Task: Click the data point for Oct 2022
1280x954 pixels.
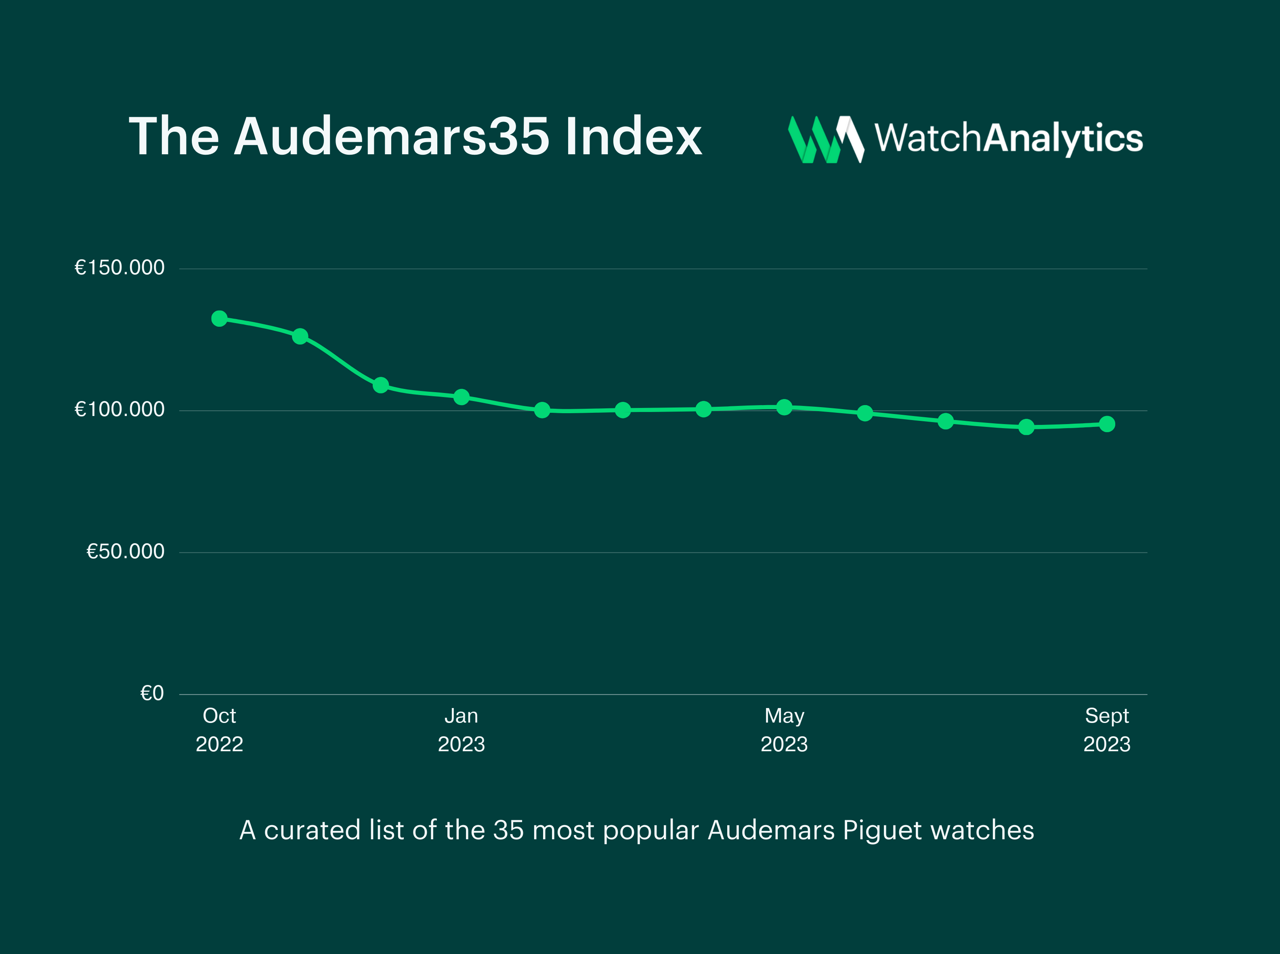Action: pyautogui.click(x=219, y=318)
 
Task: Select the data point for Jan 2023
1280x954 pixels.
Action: pyautogui.click(x=461, y=397)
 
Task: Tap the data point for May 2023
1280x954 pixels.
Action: pyautogui.click(x=784, y=407)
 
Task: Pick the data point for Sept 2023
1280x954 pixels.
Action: pyautogui.click(x=1107, y=424)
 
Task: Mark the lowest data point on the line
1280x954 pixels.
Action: pyautogui.click(x=1026, y=427)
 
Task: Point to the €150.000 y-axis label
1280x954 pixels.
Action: pyautogui.click(x=120, y=267)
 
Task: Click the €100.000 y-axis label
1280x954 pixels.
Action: pyautogui.click(x=120, y=410)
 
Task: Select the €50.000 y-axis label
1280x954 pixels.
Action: pyautogui.click(x=125, y=551)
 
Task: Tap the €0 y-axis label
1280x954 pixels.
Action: pyautogui.click(x=152, y=693)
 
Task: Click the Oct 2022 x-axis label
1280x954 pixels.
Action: pyautogui.click(x=219, y=729)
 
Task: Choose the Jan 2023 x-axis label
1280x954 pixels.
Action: pyautogui.click(x=461, y=729)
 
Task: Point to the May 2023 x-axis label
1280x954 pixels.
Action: pyautogui.click(x=784, y=729)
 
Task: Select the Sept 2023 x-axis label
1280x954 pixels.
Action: pyautogui.click(x=1107, y=729)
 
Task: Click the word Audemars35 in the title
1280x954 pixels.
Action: pyautogui.click(x=391, y=137)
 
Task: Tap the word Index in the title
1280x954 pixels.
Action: pyautogui.click(x=634, y=137)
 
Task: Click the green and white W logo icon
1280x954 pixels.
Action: pyautogui.click(x=826, y=139)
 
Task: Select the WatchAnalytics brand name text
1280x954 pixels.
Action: pyautogui.click(x=1008, y=139)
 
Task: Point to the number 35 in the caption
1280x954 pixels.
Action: pyautogui.click(x=508, y=830)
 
